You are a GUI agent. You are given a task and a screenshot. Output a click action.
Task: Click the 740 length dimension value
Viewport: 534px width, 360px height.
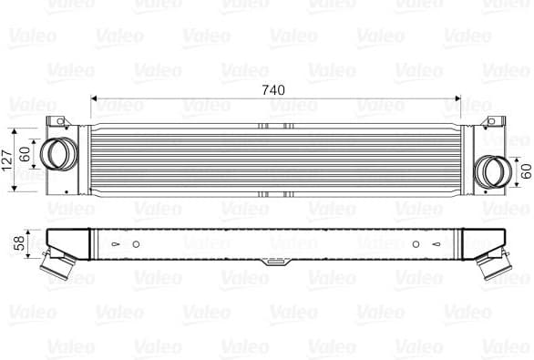tap(272, 90)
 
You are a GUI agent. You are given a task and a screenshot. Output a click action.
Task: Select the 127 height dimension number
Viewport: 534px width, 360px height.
tap(8, 159)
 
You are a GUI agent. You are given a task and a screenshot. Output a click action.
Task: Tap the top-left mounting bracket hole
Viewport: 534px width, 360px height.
tap(57, 122)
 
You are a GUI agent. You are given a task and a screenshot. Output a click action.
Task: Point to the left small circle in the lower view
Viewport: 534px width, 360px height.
tap(137, 244)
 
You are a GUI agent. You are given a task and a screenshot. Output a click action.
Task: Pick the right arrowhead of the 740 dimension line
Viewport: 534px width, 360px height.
tap(459, 99)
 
